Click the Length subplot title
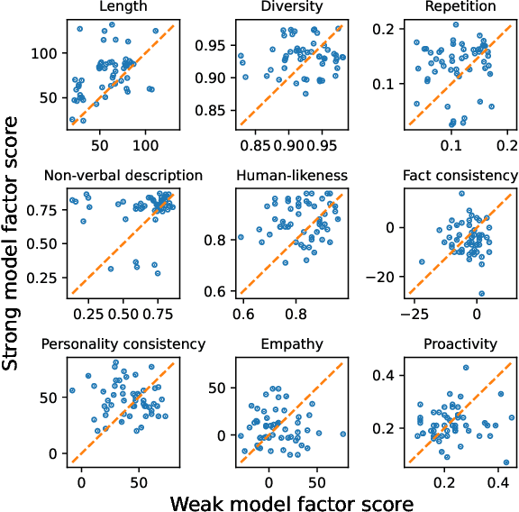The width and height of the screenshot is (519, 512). click(123, 7)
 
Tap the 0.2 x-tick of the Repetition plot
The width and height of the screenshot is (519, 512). click(508, 144)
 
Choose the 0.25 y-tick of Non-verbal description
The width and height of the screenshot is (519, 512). click(42, 276)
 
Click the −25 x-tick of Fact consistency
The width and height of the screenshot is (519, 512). click(415, 312)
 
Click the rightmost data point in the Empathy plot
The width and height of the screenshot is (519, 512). click(342, 434)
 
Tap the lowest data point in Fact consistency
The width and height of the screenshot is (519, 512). click(482, 293)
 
